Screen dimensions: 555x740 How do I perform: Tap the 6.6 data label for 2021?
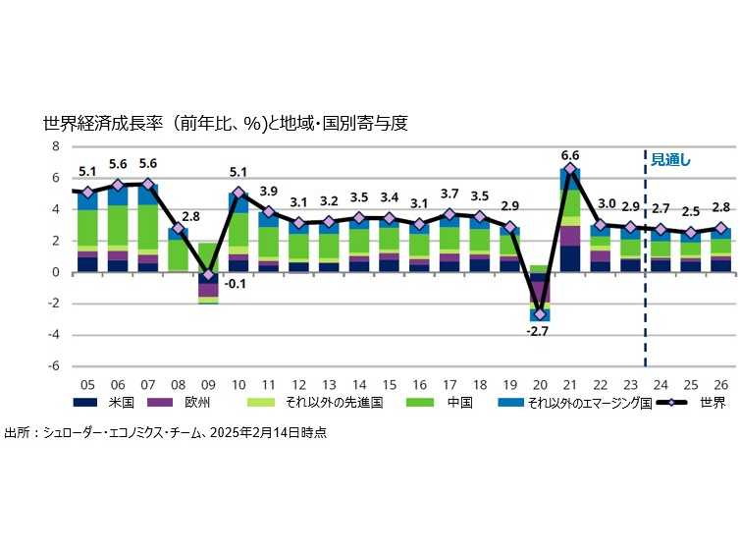570,155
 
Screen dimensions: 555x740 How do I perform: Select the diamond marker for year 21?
570,169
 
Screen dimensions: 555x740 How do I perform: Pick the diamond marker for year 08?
178,229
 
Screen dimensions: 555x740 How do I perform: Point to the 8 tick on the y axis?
56,146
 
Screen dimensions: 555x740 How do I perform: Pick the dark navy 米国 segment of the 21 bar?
570,258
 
